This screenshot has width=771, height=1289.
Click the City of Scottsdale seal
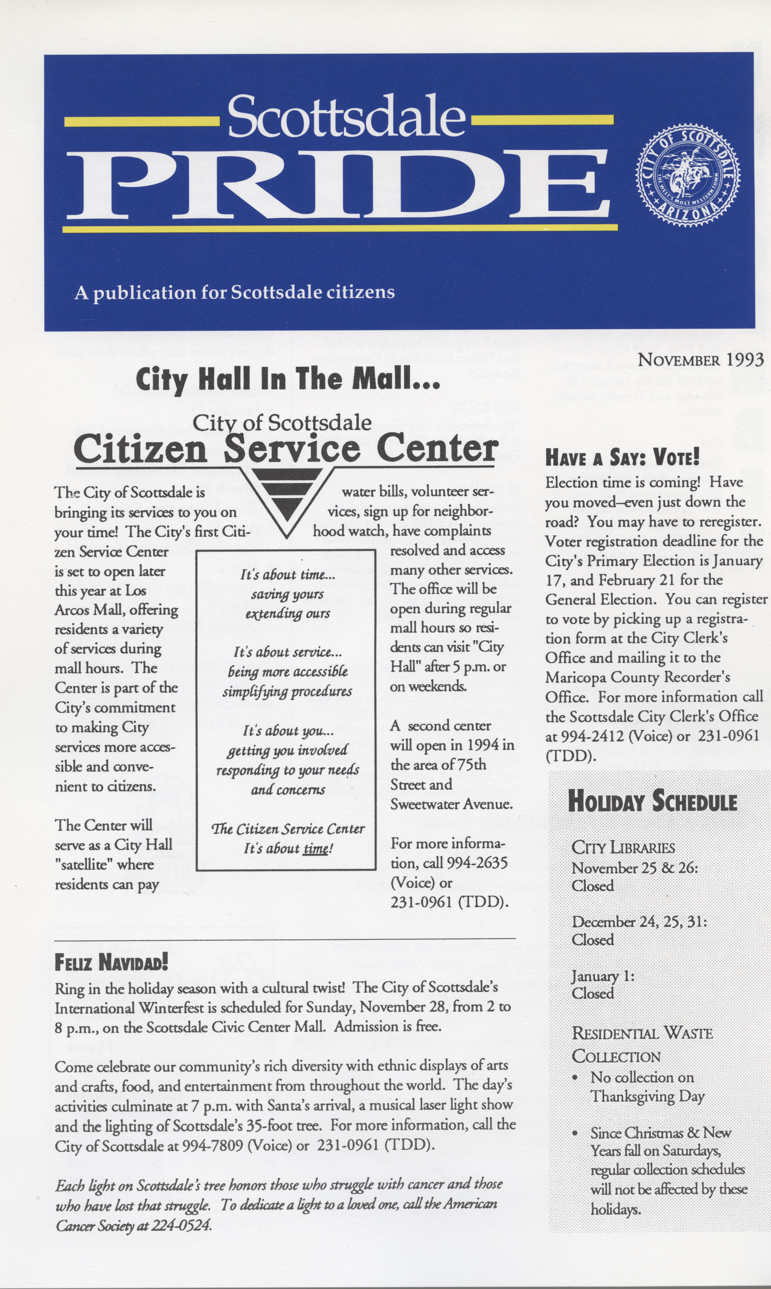click(688, 173)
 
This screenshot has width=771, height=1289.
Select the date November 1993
click(700, 359)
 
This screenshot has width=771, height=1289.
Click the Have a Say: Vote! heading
click(622, 458)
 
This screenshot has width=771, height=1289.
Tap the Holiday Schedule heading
click(652, 800)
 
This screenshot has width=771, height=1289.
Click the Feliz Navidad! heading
click(111, 962)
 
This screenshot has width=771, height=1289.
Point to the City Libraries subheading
click(623, 848)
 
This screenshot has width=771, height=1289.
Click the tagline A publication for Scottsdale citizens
click(234, 292)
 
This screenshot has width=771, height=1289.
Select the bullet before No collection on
click(575, 1079)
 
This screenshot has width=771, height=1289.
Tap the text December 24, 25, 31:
click(639, 921)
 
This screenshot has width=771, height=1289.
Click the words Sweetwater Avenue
click(451, 804)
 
